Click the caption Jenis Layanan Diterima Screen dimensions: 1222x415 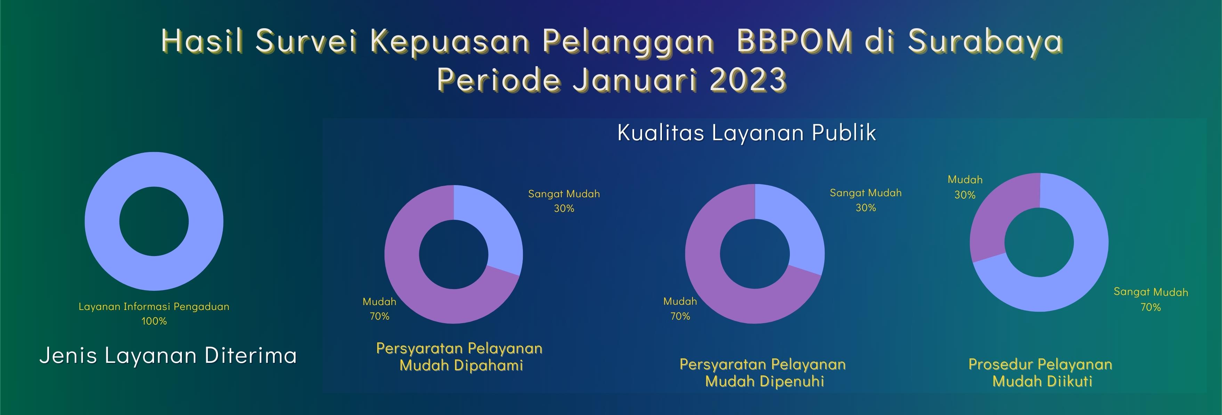168,355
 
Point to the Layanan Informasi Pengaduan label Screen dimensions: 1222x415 154,306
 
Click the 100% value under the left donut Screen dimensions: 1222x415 154,321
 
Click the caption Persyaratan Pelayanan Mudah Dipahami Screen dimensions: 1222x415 460,357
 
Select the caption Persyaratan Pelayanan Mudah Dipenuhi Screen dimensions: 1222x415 763,373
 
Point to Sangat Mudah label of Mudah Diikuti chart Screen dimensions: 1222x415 1151,292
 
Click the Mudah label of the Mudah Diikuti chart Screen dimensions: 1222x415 965,179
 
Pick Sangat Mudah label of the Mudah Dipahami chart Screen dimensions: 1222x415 564,194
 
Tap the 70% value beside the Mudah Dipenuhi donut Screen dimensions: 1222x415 680,316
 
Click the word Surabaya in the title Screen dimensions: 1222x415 985,41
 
